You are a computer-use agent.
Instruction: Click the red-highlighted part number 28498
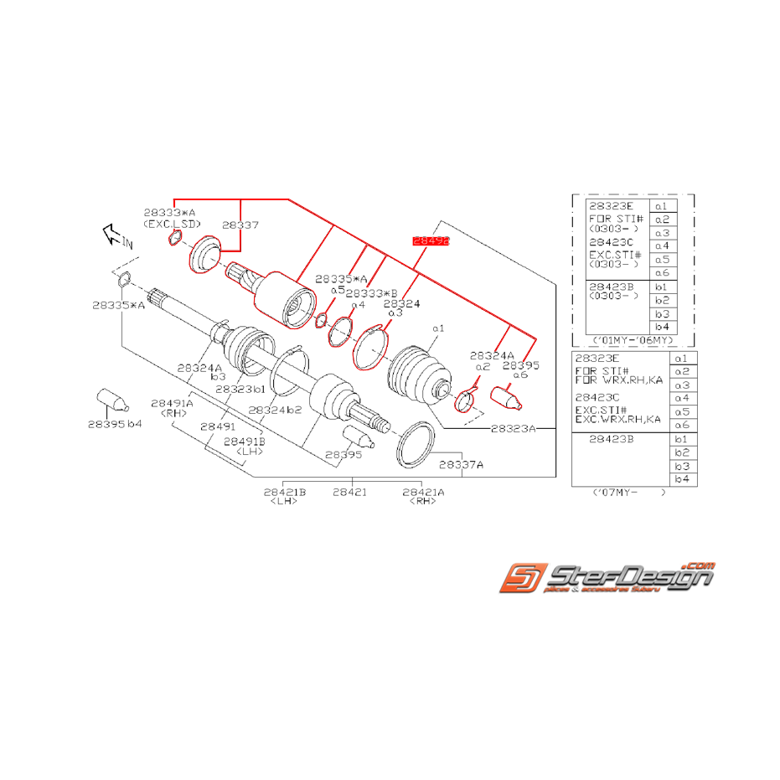431,240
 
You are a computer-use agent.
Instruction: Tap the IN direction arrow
114,235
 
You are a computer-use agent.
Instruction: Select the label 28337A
462,464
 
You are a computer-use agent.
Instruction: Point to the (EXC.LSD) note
173,225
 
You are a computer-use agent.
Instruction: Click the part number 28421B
285,492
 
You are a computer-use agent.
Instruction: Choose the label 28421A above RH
424,492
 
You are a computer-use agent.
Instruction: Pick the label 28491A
172,403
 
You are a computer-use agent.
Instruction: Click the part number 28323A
513,428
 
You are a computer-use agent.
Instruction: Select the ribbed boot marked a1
416,374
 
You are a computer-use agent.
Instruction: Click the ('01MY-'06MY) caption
633,340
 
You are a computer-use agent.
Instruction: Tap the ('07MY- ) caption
628,493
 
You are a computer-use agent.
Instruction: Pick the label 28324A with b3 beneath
199,367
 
